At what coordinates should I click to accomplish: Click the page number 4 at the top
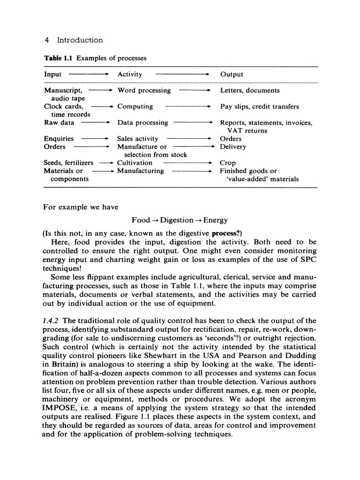[x=46, y=40]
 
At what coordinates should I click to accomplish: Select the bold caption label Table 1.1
[x=59, y=59]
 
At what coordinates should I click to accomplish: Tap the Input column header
[x=52, y=75]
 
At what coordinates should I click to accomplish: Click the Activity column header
[x=130, y=75]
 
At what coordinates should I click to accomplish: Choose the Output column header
[x=232, y=75]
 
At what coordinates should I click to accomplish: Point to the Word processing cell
[x=144, y=90]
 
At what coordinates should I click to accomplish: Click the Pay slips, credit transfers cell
[x=259, y=106]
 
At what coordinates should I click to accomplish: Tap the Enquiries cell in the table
[x=59, y=139]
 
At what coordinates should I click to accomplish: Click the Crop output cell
[x=228, y=163]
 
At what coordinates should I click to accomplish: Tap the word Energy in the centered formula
[x=216, y=220]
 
